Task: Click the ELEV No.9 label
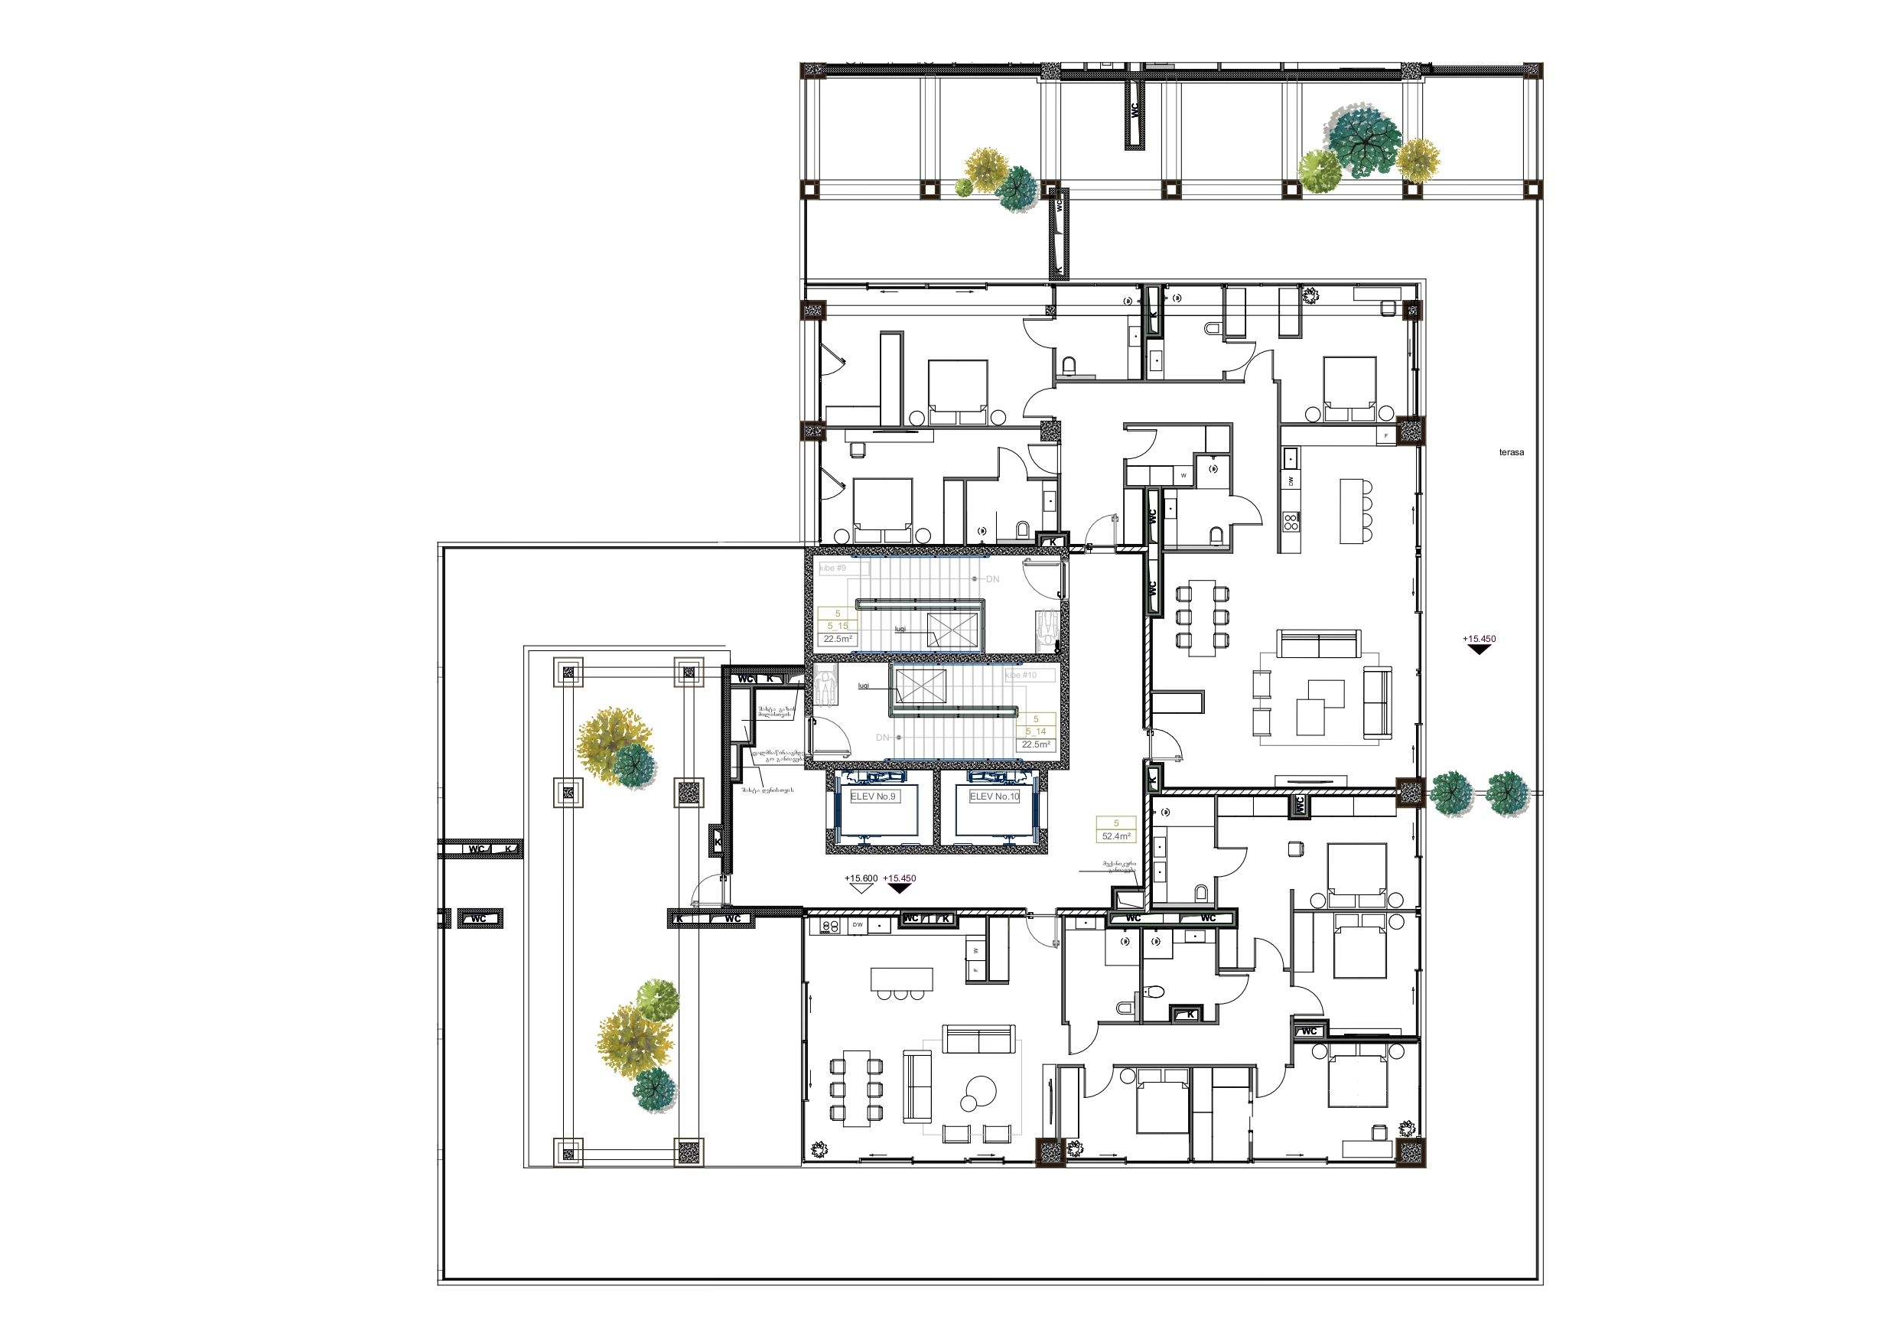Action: (x=873, y=796)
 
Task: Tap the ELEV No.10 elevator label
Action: (x=995, y=796)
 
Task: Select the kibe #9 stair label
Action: (x=833, y=568)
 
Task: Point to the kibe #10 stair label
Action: (x=1021, y=676)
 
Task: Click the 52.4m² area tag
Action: (x=1116, y=836)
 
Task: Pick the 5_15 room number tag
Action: (x=838, y=626)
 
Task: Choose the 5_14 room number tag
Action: (x=1036, y=731)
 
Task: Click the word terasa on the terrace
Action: (x=1511, y=452)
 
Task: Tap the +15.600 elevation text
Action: (x=861, y=878)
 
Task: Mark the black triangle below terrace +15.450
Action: (x=1479, y=650)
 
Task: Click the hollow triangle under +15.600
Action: (x=861, y=889)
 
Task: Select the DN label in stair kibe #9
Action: (x=992, y=579)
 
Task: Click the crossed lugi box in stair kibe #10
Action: (x=921, y=686)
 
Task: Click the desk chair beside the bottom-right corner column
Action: (x=1379, y=1132)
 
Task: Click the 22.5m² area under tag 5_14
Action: (x=1036, y=744)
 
